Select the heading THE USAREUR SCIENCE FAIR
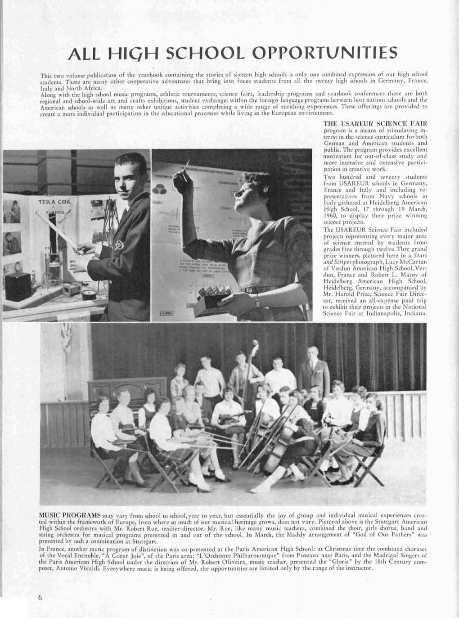point(375,123)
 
